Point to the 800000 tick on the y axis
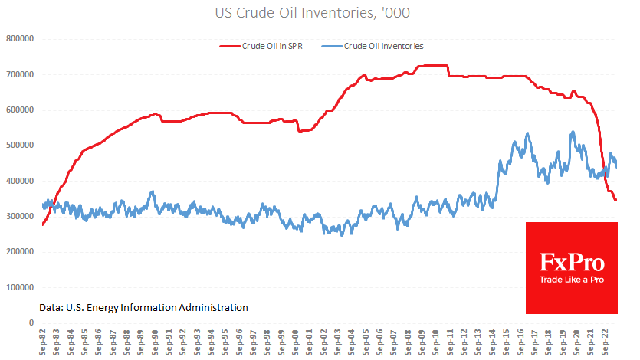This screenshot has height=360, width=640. coord(21,38)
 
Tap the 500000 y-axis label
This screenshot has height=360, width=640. coord(21,146)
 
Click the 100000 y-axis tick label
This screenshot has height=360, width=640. coord(21,287)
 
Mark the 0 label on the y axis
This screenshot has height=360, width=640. coord(31,322)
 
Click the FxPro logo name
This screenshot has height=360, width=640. coord(571,263)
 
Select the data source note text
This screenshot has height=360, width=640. coord(143,307)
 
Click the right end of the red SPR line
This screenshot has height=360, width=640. coord(615,200)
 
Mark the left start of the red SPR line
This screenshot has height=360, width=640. coord(43,224)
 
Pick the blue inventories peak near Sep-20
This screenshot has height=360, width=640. coord(573,132)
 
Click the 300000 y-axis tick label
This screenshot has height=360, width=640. coord(21,217)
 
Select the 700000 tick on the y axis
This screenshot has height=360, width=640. coord(21,74)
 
